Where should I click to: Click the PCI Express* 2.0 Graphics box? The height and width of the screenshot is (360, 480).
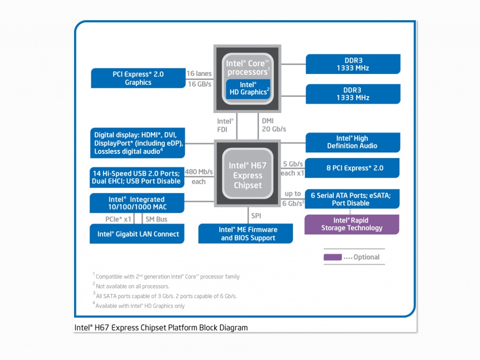coord(138,78)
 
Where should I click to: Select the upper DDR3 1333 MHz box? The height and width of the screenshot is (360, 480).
coord(352,64)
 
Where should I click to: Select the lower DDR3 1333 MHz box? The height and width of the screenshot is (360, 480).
coord(352,94)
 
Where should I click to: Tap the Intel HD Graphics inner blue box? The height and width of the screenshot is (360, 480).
coord(247,89)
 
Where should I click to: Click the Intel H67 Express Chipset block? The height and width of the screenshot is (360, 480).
coord(247,175)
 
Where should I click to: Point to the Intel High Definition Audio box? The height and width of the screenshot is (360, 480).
coord(352,142)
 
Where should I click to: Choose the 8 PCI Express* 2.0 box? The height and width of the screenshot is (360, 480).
coord(352,168)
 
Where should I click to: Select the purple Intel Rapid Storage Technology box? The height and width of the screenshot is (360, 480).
coord(352,224)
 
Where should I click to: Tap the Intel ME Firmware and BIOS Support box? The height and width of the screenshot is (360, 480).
coord(246,233)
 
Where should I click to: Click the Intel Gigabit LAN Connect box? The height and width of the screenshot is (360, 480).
coord(137,234)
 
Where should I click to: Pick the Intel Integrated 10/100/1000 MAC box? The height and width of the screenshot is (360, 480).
coord(137,203)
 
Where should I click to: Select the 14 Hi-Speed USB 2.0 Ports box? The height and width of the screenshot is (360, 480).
coord(137,177)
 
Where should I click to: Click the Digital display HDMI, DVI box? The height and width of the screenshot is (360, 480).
coord(137,143)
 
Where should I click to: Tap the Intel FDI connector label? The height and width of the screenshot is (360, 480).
coord(225,125)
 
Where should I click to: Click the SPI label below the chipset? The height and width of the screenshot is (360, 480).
coord(256,216)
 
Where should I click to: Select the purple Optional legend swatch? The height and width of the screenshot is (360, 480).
coord(332,257)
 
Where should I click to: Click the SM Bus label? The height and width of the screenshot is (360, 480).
coord(156,219)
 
